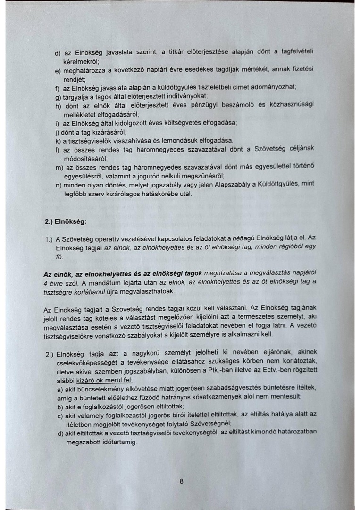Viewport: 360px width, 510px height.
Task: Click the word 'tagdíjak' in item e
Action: (x=232, y=70)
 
